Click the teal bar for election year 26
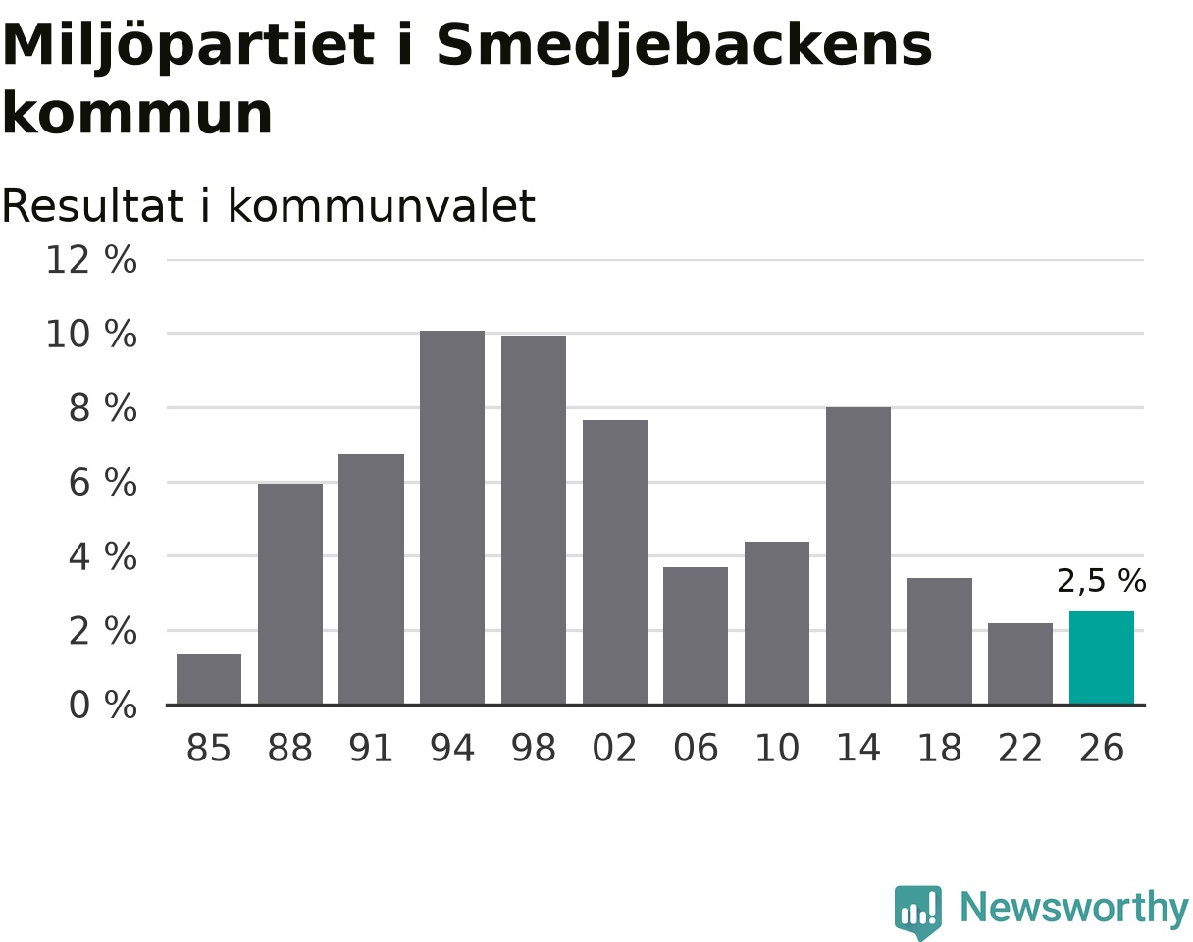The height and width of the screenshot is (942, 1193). click(x=1101, y=657)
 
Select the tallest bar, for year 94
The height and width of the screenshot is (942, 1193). click(x=452, y=517)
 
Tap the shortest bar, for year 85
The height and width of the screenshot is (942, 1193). click(x=208, y=679)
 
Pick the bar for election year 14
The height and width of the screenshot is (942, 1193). click(x=857, y=555)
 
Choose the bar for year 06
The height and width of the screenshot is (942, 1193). click(x=696, y=636)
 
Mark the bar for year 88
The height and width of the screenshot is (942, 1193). click(x=290, y=594)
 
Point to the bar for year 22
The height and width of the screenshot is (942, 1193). click(x=1020, y=663)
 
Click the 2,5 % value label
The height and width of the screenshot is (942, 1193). click(x=1101, y=581)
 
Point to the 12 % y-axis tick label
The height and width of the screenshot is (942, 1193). click(x=91, y=259)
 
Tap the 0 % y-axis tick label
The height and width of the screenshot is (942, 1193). click(x=103, y=705)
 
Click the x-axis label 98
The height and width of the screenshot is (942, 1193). click(x=534, y=748)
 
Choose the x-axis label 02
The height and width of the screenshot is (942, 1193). click(x=614, y=748)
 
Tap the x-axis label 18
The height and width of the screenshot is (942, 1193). click(x=939, y=748)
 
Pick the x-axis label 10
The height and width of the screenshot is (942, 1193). click(x=777, y=748)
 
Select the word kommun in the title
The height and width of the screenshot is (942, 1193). click(x=137, y=114)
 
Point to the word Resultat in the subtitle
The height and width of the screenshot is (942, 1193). click(x=92, y=206)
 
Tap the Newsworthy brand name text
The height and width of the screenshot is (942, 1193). click(x=1074, y=909)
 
